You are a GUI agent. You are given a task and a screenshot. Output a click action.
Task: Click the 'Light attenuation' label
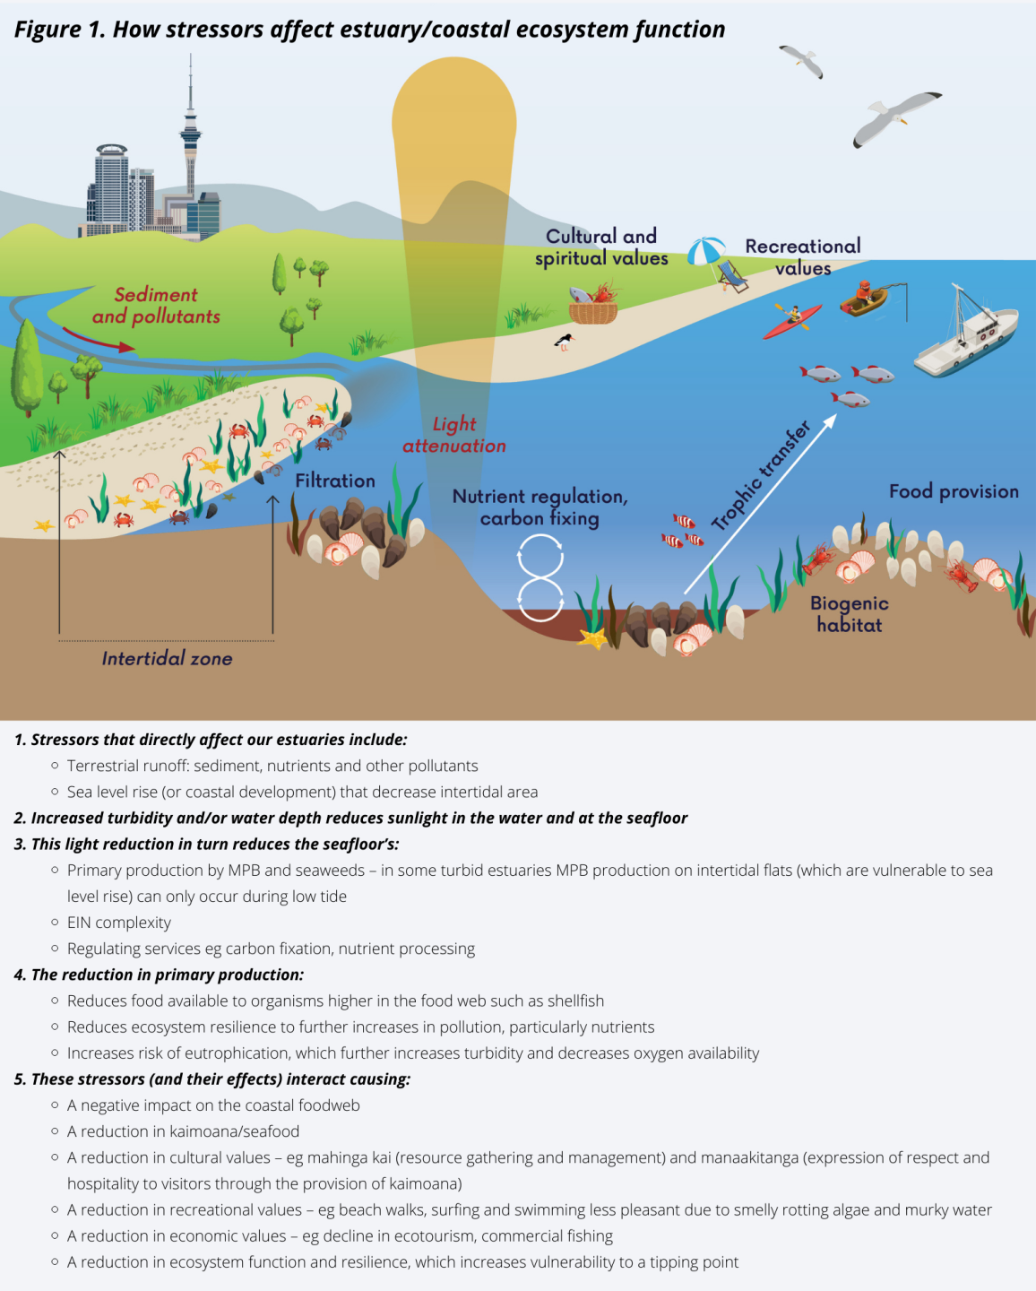(454, 435)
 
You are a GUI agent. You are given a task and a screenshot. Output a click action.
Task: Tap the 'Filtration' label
(335, 481)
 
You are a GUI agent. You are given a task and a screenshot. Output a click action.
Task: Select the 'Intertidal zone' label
(167, 658)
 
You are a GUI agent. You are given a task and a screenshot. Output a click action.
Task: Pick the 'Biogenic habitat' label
(849, 614)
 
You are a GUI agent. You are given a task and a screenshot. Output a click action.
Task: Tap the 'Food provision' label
(954, 491)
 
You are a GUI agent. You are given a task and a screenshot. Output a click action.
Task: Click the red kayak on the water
(791, 321)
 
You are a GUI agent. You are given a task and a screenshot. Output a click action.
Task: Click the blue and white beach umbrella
(706, 250)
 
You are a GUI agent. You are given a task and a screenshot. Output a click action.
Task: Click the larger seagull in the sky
(894, 117)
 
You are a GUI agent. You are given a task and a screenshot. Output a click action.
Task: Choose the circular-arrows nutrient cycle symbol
(540, 578)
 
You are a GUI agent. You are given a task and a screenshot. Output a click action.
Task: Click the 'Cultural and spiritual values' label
(601, 247)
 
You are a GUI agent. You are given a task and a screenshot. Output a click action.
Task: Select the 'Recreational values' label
(802, 256)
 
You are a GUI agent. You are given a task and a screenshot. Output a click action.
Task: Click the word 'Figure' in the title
(47, 30)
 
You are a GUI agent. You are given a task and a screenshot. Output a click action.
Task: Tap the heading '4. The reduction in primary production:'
(159, 975)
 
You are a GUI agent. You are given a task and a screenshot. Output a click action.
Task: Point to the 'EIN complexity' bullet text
(118, 923)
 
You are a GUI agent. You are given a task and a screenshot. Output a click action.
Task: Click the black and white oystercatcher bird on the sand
(564, 341)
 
